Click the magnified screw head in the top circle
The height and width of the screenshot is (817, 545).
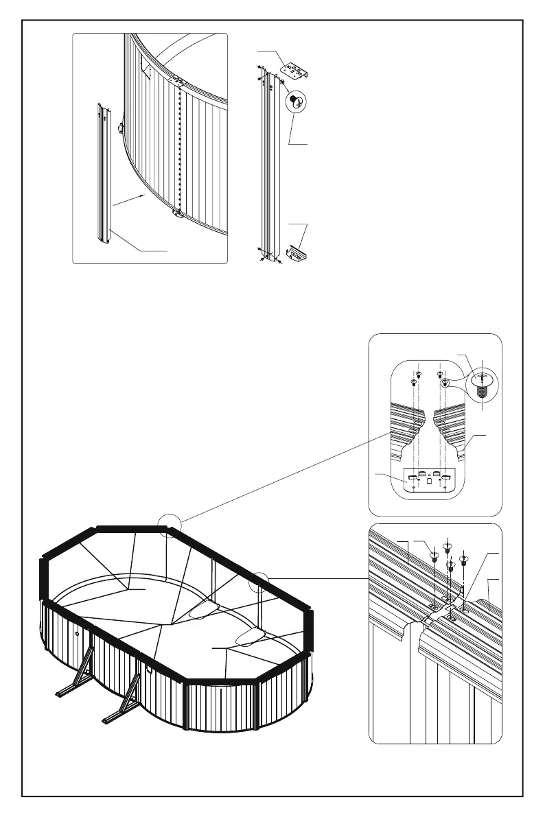pos(296,101)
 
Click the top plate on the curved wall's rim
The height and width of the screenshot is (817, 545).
pos(178,80)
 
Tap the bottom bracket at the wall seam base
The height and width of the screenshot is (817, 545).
pos(178,214)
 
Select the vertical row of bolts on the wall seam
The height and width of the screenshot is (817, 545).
pos(179,147)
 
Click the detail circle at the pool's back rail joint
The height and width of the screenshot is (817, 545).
pos(169,527)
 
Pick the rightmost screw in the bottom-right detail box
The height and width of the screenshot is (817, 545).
pos(465,557)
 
